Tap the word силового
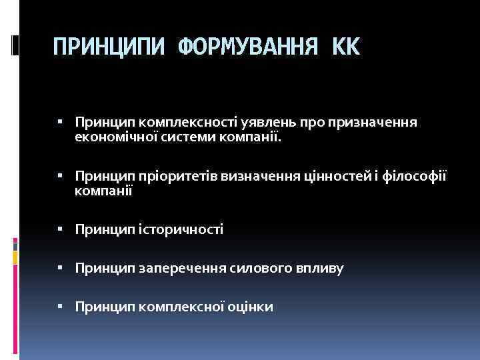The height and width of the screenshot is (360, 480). (x=257, y=269)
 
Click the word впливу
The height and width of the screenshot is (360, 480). (x=318, y=269)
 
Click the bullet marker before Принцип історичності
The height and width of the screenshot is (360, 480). (x=60, y=229)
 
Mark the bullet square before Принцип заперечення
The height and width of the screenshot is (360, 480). (x=60, y=268)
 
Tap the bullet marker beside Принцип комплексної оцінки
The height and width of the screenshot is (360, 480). (x=60, y=307)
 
